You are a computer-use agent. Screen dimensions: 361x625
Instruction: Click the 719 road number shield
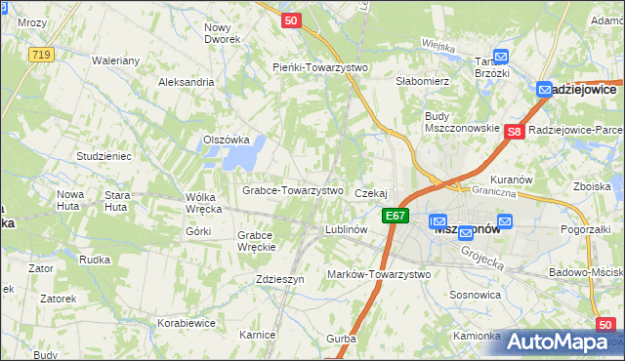[40, 55]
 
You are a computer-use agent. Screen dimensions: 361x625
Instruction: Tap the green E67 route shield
[395, 216]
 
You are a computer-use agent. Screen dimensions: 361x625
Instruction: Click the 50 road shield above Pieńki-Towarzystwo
[289, 20]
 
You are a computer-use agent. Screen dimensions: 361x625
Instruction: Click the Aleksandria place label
[186, 82]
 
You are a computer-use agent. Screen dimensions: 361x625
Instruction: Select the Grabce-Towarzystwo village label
[292, 190]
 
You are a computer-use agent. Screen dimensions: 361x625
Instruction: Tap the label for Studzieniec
[104, 156]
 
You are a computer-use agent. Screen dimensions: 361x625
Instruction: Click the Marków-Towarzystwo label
[379, 275]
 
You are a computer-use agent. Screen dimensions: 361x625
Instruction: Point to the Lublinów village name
[346, 230]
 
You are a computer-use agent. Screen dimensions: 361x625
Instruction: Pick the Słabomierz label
[421, 81]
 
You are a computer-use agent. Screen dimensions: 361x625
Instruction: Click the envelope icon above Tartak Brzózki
[501, 57]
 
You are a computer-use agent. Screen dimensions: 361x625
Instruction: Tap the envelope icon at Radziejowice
[545, 89]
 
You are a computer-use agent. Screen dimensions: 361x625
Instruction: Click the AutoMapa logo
[561, 342]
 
